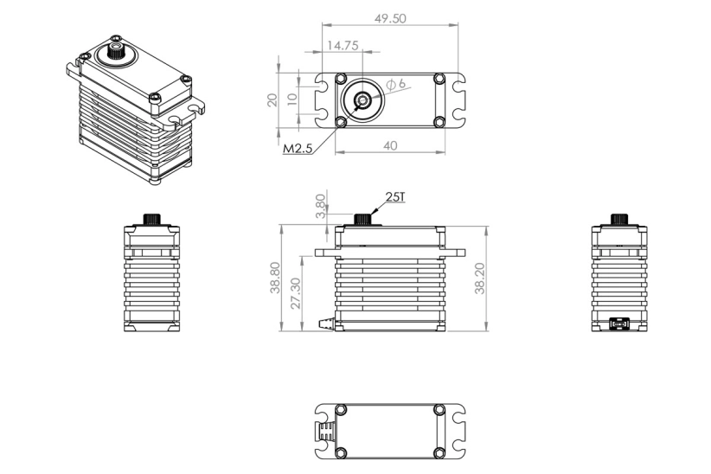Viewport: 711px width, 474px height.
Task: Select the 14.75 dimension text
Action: [x=342, y=45]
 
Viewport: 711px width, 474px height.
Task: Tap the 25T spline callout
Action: [x=394, y=198]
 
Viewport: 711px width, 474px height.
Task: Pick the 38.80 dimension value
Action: [x=275, y=278]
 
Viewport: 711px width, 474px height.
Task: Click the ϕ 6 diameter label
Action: [x=397, y=84]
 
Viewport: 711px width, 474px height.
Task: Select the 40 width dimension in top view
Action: [x=391, y=145]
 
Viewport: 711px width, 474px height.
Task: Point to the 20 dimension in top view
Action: [x=272, y=100]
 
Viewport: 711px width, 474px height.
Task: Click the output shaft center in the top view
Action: [x=362, y=100]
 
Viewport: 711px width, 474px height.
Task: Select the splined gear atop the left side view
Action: [x=151, y=218]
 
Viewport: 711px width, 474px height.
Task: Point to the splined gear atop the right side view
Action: [x=618, y=218]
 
